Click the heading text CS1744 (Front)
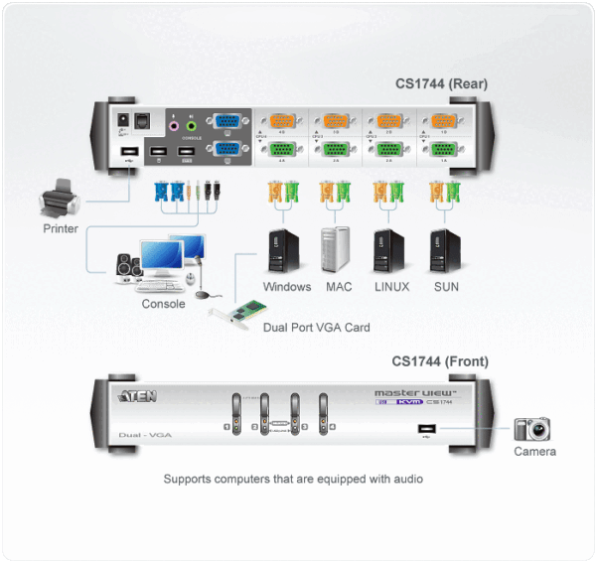pyautogui.click(x=439, y=362)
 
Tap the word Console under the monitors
pyautogui.click(x=163, y=304)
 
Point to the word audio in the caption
pyautogui.click(x=406, y=479)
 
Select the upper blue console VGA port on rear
pyautogui.click(x=226, y=122)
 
